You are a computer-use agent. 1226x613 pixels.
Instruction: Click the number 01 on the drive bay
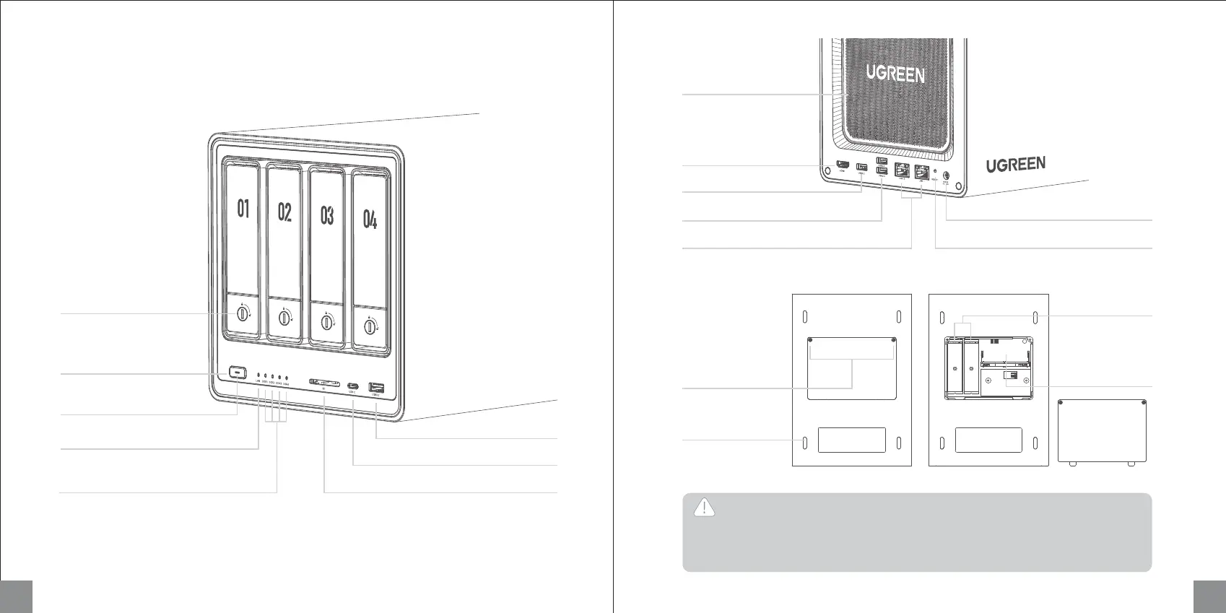pyautogui.click(x=243, y=209)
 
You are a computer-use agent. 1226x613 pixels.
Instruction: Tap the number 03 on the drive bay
pyautogui.click(x=327, y=215)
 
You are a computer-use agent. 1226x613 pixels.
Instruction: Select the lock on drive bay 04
pyautogui.click(x=370, y=327)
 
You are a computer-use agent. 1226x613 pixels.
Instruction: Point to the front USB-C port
pyautogui.click(x=352, y=386)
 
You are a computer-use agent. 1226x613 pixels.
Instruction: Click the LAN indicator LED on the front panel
pyautogui.click(x=258, y=376)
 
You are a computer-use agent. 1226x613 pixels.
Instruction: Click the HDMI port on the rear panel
pyautogui.click(x=842, y=167)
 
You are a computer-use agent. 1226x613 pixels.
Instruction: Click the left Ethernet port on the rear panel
pyautogui.click(x=902, y=171)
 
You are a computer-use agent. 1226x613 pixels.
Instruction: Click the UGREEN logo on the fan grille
pyautogui.click(x=895, y=74)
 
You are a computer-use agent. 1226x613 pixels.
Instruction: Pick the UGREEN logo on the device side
pyautogui.click(x=1016, y=165)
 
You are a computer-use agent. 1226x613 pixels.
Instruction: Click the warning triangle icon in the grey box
pyautogui.click(x=704, y=508)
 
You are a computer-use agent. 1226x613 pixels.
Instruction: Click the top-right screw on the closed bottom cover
pyautogui.click(x=895, y=341)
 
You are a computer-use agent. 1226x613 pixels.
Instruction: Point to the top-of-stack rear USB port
pyautogui.click(x=882, y=161)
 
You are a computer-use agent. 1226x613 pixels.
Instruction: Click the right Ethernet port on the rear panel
pyautogui.click(x=921, y=173)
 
